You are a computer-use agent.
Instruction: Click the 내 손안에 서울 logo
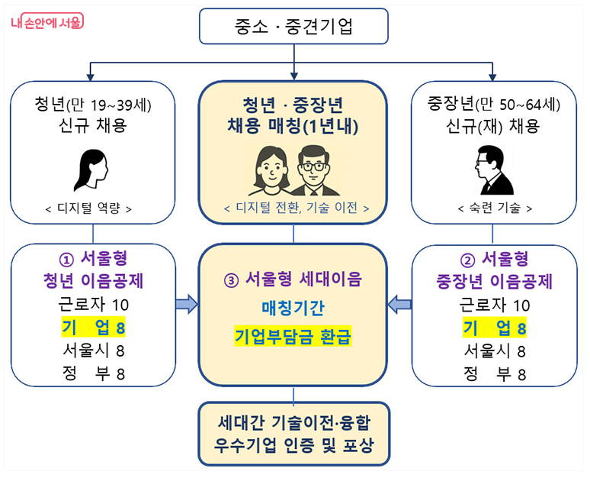(x=47, y=22)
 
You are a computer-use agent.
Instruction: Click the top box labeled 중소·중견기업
(x=294, y=28)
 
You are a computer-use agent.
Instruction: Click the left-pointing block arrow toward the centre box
(x=399, y=305)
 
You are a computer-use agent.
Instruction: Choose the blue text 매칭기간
(x=293, y=308)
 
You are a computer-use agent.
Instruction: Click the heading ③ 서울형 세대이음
(x=293, y=279)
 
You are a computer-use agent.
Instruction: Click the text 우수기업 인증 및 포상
(x=293, y=445)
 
